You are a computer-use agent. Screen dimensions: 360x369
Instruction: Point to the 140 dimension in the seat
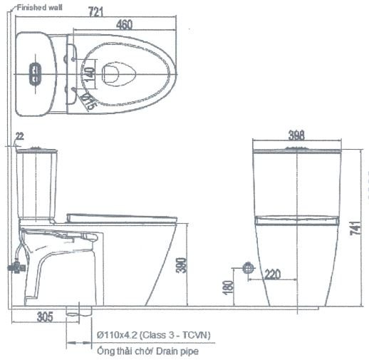pyautogui.click(x=89, y=71)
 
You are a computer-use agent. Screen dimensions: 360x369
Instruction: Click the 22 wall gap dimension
pyautogui.click(x=19, y=135)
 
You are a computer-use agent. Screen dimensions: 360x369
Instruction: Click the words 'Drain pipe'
pyautogui.click(x=178, y=351)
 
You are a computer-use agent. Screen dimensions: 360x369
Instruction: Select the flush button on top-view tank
pyautogui.click(x=34, y=71)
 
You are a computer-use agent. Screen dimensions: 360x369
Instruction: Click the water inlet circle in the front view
pyautogui.click(x=249, y=268)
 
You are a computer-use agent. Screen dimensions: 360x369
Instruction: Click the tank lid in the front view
pyautogui.click(x=297, y=150)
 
